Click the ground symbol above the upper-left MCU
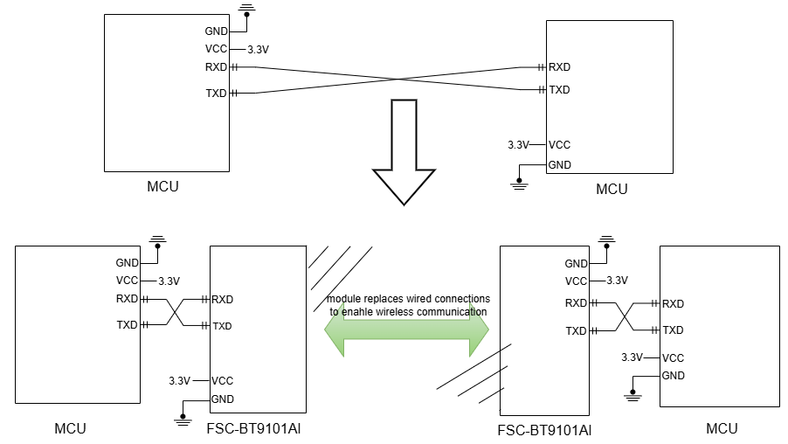(x=247, y=10)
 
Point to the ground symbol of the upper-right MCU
(x=520, y=182)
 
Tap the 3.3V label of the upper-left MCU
(x=258, y=50)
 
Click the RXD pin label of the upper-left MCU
(x=216, y=67)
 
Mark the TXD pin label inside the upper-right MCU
(x=559, y=90)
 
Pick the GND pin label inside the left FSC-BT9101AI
(x=222, y=399)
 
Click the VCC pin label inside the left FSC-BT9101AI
(x=222, y=381)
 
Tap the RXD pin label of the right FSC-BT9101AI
(x=576, y=303)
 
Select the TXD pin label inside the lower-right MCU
(x=673, y=330)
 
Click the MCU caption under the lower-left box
(x=70, y=428)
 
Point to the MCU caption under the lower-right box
(x=722, y=428)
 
